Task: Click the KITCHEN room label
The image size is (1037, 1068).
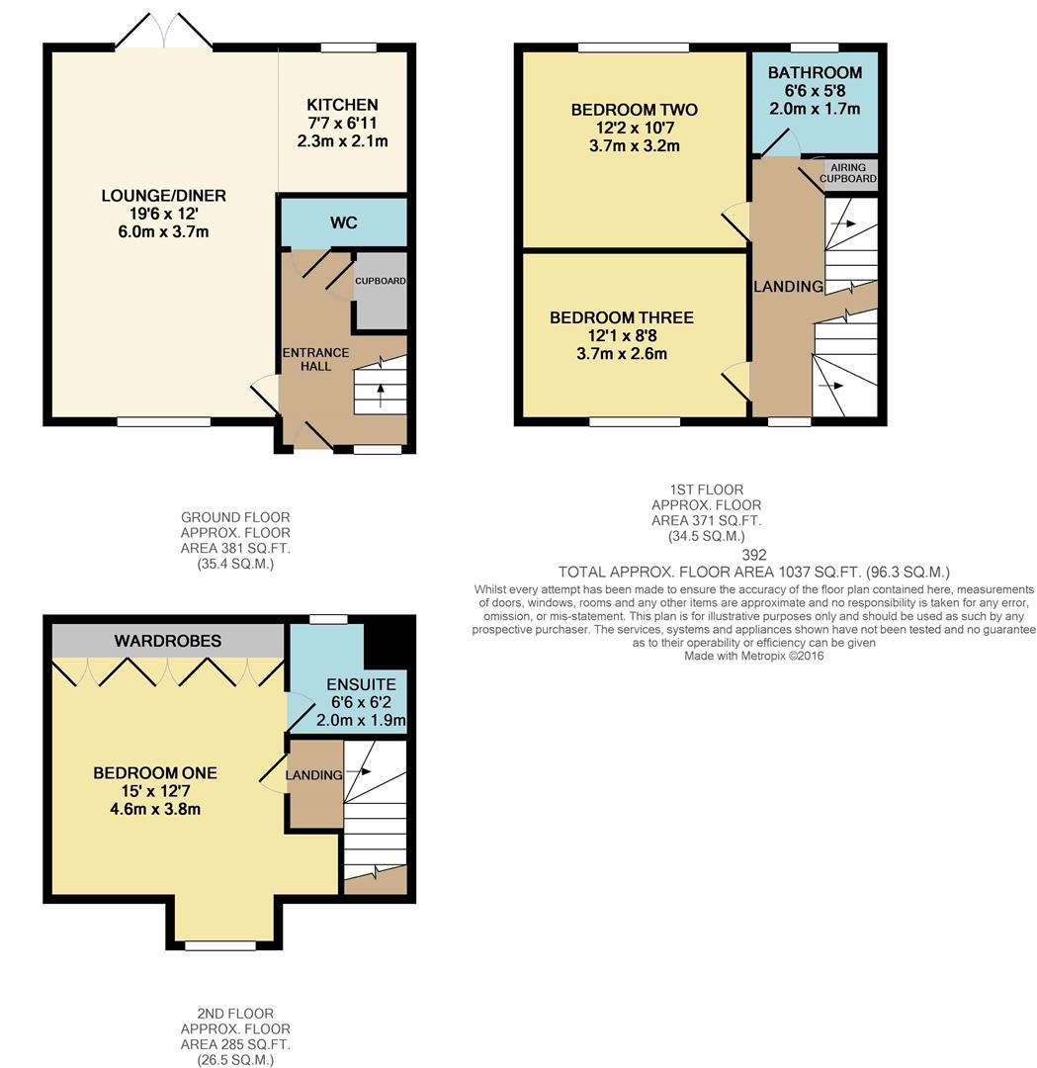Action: click(x=342, y=105)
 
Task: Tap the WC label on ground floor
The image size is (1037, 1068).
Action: click(x=343, y=223)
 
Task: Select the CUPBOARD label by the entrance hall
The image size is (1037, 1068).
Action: click(x=381, y=281)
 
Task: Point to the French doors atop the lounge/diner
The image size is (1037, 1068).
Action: click(x=164, y=33)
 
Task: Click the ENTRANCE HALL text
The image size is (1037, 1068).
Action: click(x=315, y=359)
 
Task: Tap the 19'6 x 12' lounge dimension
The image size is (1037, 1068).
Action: click(x=163, y=215)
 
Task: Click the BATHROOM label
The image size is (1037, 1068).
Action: click(x=815, y=73)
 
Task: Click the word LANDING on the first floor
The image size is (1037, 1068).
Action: click(x=788, y=287)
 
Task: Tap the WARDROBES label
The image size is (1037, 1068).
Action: click(x=168, y=642)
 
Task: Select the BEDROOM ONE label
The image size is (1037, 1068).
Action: click(x=155, y=773)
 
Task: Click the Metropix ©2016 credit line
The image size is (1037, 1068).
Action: click(x=754, y=656)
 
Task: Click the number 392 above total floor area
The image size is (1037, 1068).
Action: click(x=753, y=555)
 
